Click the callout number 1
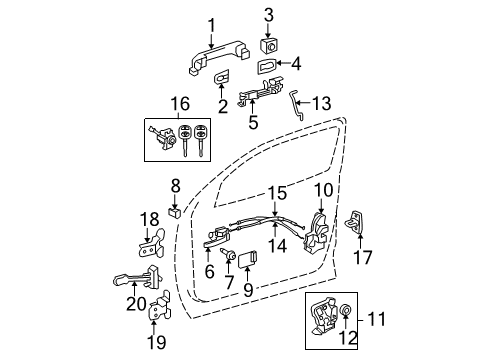click(x=211, y=25)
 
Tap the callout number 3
click(x=268, y=15)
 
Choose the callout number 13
click(x=320, y=103)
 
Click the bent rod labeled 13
click(x=298, y=105)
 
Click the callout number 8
click(x=175, y=184)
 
